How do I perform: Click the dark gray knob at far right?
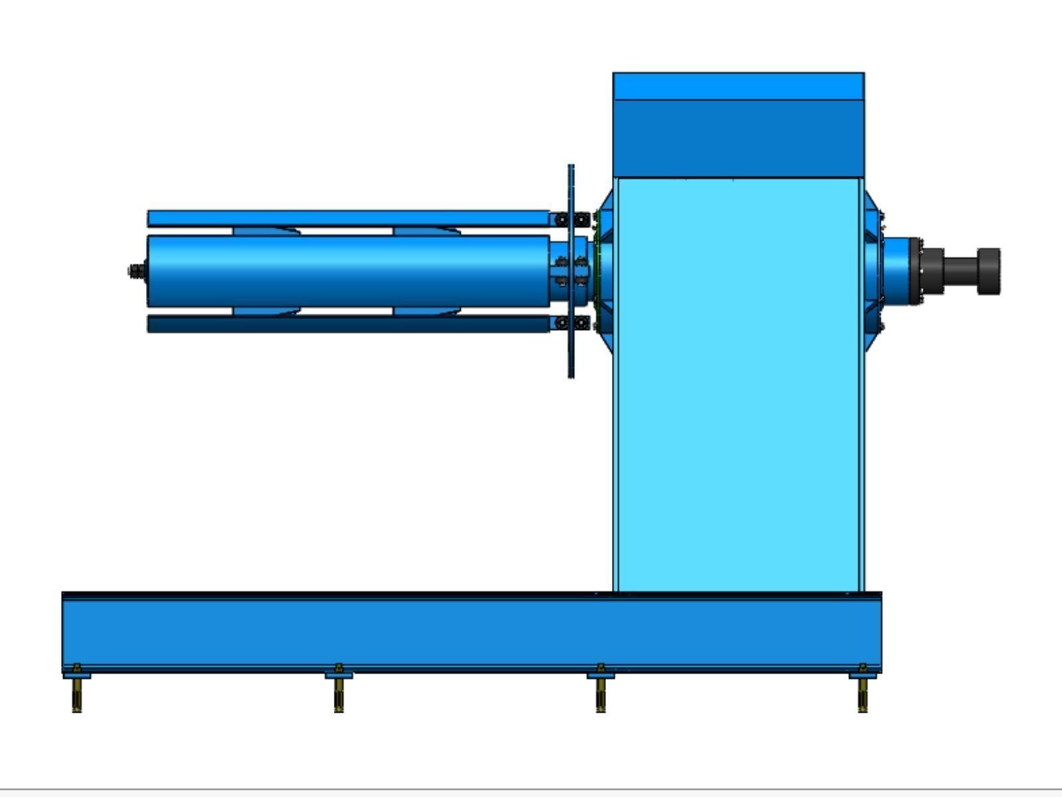[988, 271]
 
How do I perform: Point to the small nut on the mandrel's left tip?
[136, 271]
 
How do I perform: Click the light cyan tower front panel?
[738, 385]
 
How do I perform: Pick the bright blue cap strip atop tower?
[738, 86]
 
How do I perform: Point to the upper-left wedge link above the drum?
[265, 231]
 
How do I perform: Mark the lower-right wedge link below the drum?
[426, 311]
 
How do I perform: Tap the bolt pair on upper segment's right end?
[571, 219]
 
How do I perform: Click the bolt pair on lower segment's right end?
[571, 323]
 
